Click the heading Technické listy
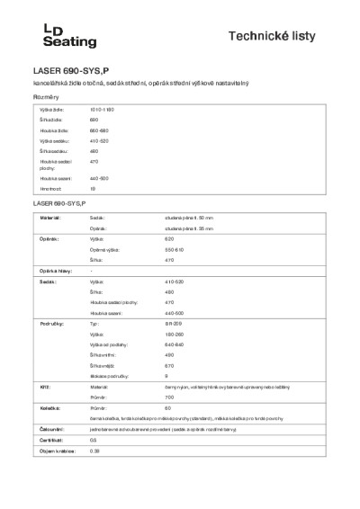[286, 35]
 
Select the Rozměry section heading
[47, 96]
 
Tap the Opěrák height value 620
[169, 240]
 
